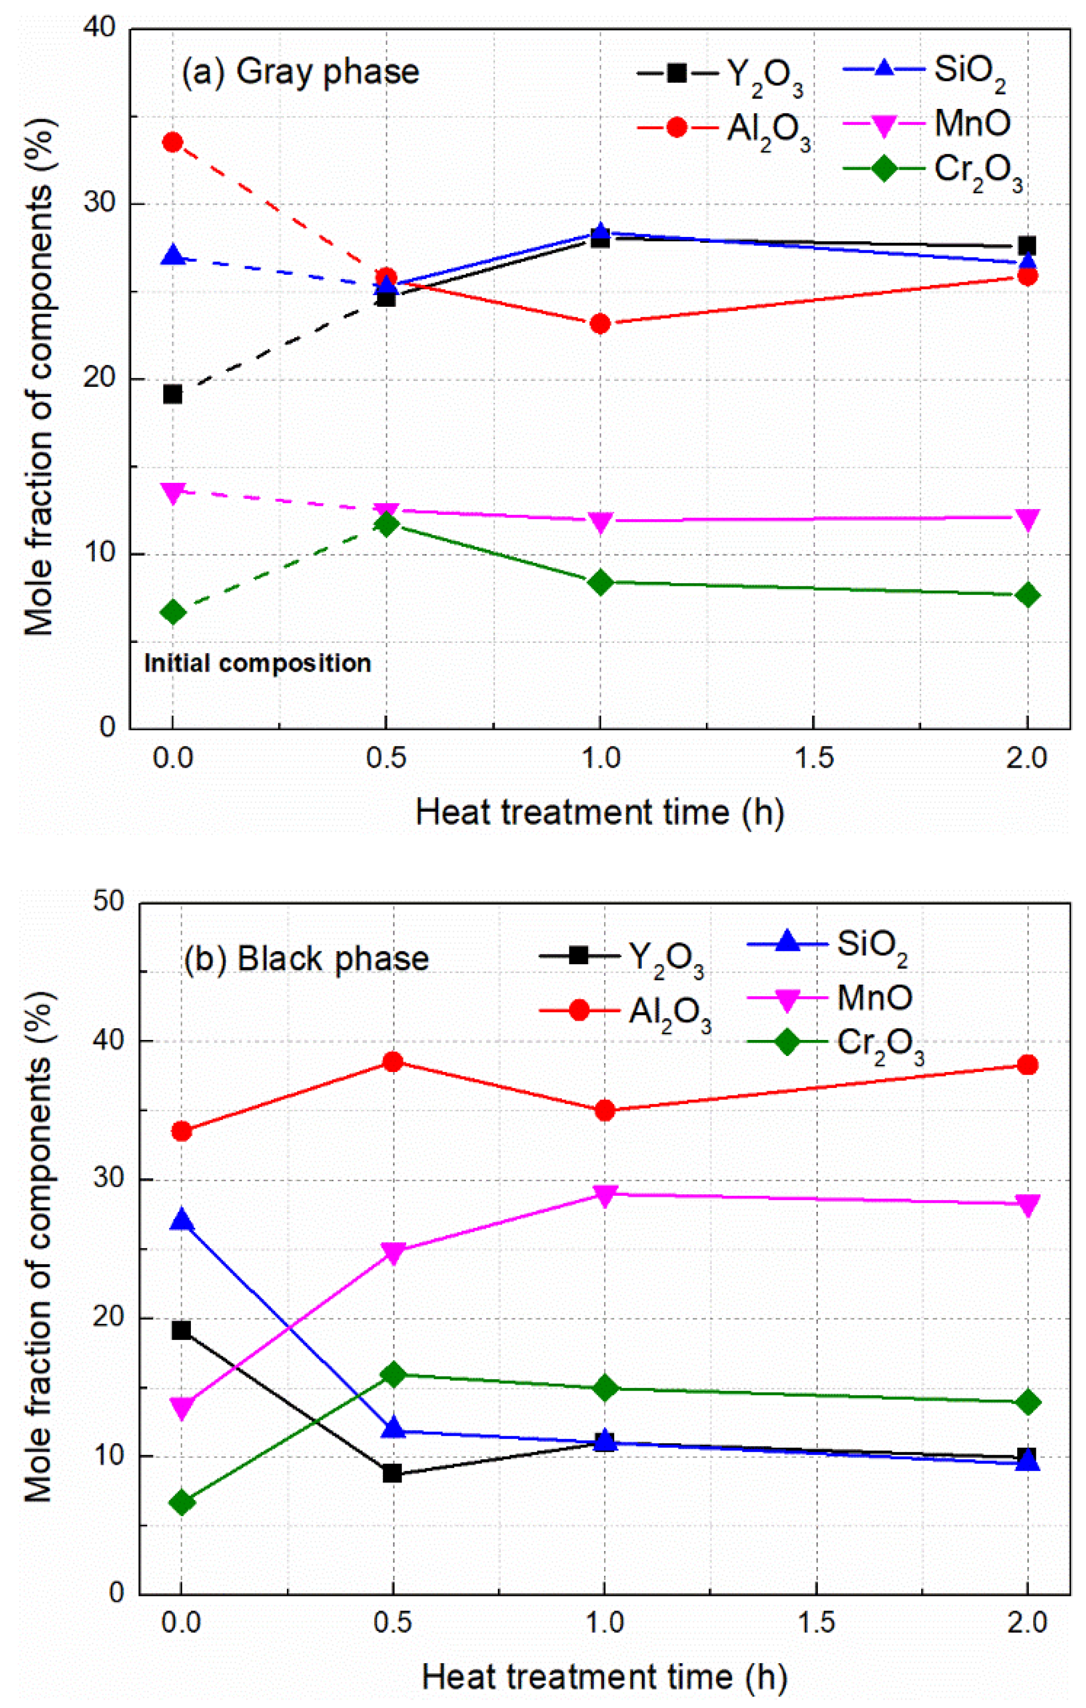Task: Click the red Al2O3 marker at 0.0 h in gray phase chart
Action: click(172, 142)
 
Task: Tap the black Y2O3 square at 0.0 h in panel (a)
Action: click(172, 394)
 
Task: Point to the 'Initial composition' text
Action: click(258, 663)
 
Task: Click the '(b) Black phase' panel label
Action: click(306, 959)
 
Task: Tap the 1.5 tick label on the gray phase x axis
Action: click(813, 758)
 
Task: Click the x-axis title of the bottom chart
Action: click(604, 1678)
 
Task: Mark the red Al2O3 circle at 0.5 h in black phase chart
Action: click(393, 1062)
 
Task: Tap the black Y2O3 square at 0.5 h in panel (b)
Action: click(392, 1474)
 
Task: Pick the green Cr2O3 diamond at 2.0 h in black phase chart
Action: click(1028, 1402)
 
